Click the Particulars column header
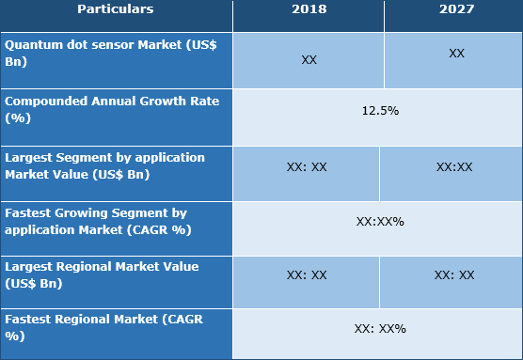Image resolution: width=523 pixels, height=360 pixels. tap(116, 9)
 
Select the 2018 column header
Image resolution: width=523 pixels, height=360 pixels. tap(308, 9)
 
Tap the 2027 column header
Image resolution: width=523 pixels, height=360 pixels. tap(455, 9)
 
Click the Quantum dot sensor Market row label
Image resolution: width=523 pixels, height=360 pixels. tap(116, 54)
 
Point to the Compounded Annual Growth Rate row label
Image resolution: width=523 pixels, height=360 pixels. tap(116, 110)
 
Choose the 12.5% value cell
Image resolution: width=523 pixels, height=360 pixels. tap(380, 111)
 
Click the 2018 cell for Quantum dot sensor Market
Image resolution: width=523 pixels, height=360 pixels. tap(309, 59)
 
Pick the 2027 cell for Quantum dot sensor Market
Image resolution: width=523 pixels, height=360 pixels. tap(456, 54)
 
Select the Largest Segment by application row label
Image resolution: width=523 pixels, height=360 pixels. tap(116, 165)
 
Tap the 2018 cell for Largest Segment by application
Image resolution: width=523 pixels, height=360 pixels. tap(306, 166)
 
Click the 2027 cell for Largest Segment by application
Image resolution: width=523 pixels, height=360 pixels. tap(454, 166)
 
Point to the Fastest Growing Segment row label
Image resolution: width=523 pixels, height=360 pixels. tap(116, 221)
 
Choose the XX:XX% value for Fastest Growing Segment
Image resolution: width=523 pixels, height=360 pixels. tap(380, 222)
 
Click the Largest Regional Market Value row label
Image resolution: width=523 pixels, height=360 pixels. tap(116, 274)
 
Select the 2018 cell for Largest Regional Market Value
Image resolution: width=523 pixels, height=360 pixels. tap(306, 275)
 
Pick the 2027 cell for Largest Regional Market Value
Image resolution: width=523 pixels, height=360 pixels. tap(454, 275)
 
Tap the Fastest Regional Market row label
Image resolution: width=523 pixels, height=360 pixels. tap(116, 328)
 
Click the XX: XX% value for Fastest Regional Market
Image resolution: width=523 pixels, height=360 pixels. tap(380, 329)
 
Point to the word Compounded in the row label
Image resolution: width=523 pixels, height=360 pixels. tap(45, 102)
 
